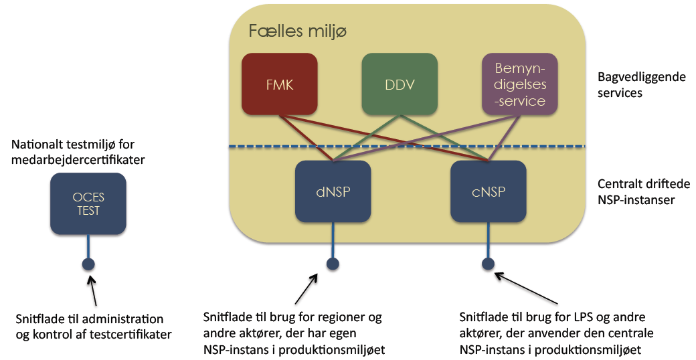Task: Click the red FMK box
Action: (279, 84)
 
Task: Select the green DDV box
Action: (400, 84)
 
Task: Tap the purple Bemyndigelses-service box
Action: (520, 84)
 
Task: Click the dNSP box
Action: (333, 191)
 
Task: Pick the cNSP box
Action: (488, 191)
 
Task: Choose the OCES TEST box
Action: (88, 203)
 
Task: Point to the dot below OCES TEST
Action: (88, 264)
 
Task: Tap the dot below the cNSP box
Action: (488, 263)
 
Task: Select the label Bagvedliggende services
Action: (641, 85)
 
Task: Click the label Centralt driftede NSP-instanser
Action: (641, 191)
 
